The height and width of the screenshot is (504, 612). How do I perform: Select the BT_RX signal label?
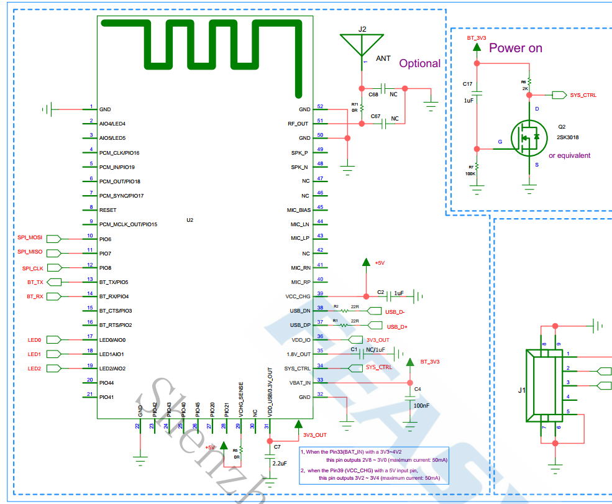pos(35,296)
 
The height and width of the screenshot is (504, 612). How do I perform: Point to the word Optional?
pos(419,63)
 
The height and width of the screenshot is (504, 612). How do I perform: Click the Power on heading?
pos(516,48)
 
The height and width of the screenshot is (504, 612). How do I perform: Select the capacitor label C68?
pos(373,94)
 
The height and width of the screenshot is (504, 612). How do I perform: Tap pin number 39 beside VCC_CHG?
pos(320,293)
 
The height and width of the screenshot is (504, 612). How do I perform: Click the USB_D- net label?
pos(396,312)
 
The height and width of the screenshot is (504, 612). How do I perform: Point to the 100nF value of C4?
pos(421,405)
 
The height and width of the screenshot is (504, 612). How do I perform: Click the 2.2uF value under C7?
pos(280,464)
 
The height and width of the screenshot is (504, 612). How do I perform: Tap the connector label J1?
pos(522,391)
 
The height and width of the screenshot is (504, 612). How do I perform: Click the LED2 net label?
pos(34,369)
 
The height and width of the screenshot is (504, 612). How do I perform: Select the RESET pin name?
pos(107,210)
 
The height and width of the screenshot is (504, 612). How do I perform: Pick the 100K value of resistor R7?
pos(470,173)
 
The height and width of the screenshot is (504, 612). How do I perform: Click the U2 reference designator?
pos(190,220)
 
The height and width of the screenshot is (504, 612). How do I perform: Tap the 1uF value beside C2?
pos(399,293)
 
